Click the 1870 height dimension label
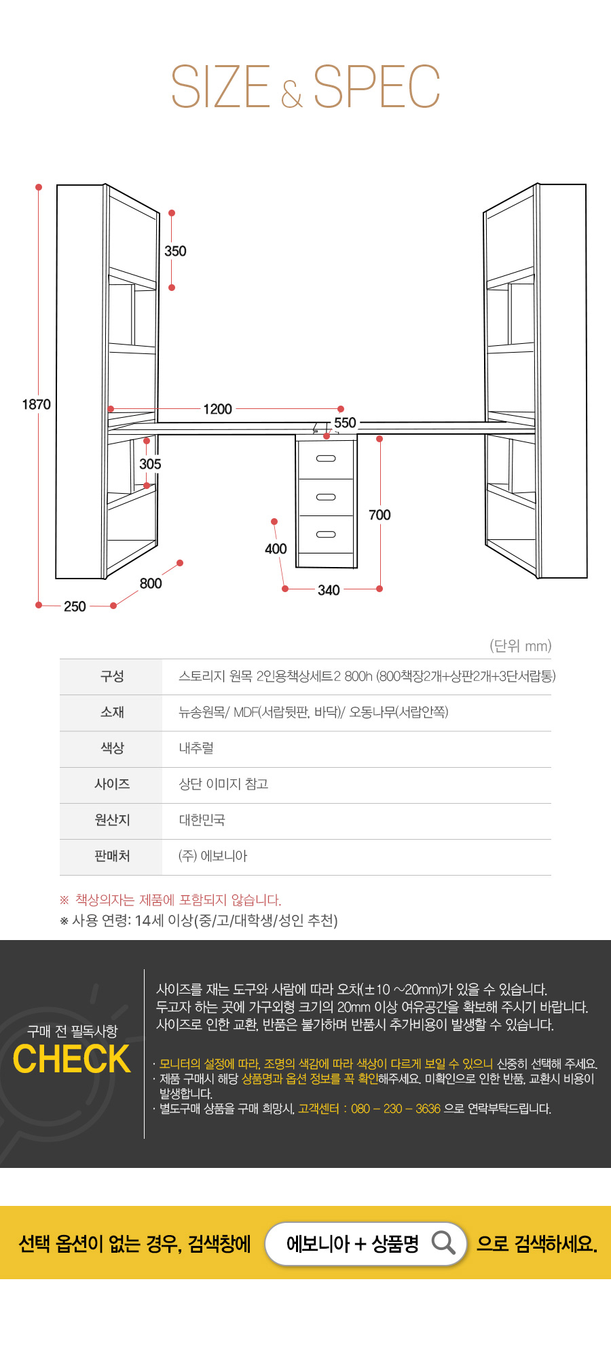pos(37,404)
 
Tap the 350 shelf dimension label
pos(175,251)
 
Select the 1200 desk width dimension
pos(217,409)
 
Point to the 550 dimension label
pos(345,423)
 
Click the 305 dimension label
pos(150,464)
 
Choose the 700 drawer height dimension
pos(379,515)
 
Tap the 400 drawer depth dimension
pos(276,549)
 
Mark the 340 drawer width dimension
pos(329,590)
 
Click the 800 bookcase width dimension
pos(151,583)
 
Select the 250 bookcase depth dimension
pos(75,606)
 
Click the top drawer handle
pos(326,458)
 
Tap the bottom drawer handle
pos(326,534)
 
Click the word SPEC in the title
pos(377,87)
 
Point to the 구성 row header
pos(112,676)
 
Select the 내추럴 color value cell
pos(196,748)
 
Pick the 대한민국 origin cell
pos(202,820)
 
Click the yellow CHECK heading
pos(71,1059)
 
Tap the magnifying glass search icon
pos(443,1243)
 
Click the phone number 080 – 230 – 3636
pos(396,1109)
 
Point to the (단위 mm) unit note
pos(521,646)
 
